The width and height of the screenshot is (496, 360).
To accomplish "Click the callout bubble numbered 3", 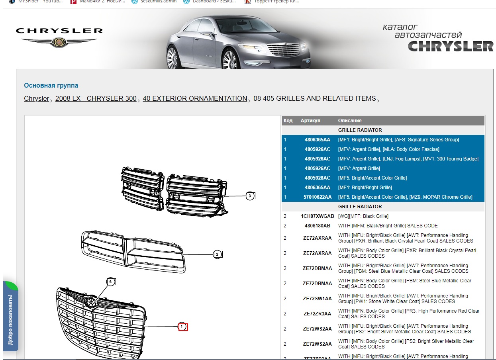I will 250,196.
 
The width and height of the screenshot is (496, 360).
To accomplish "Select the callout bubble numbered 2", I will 217,254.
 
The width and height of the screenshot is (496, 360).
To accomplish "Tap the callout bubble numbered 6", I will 111,282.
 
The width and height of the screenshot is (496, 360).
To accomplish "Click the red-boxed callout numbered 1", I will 182,327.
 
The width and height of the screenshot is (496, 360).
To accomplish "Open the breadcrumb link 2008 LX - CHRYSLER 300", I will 96,98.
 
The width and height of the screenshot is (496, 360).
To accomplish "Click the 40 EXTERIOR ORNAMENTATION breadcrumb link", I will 195,98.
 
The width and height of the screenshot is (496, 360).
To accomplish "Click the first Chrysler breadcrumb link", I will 36,98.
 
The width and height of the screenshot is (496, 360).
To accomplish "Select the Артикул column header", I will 310,121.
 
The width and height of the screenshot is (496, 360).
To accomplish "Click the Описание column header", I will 350,121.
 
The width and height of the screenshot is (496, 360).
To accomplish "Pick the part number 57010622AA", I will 318,197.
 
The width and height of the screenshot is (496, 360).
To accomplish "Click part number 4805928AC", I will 318,178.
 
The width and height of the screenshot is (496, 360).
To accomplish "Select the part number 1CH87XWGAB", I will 318,216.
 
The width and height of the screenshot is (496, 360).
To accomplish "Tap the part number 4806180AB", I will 318,226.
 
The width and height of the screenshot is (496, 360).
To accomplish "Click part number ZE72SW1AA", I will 318,299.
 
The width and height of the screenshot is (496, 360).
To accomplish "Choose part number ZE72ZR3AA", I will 318,314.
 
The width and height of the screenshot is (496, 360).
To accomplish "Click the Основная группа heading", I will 51,85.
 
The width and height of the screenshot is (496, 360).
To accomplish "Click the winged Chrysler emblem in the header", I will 59,41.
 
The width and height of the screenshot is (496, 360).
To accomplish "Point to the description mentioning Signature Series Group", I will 398,140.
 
